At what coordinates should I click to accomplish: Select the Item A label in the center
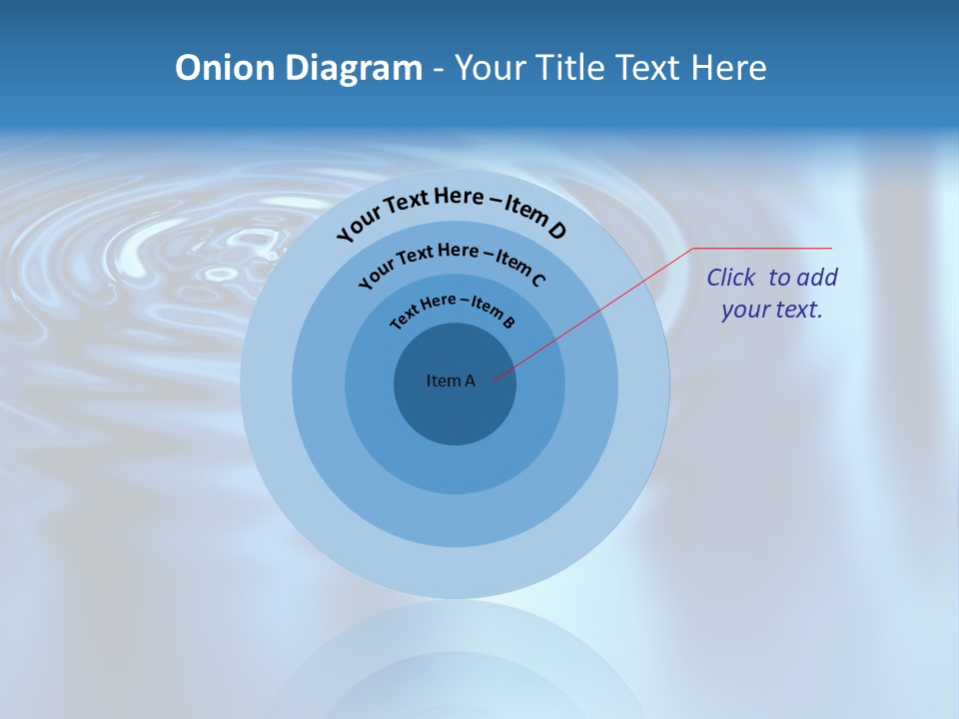point(451,380)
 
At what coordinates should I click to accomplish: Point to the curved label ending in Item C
point(452,261)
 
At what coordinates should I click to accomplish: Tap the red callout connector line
point(599,310)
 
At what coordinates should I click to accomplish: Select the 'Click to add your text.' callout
point(772,293)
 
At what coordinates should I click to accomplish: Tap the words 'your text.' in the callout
point(772,310)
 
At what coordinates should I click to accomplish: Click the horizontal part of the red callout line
point(764,248)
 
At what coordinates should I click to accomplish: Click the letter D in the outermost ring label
point(556,231)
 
